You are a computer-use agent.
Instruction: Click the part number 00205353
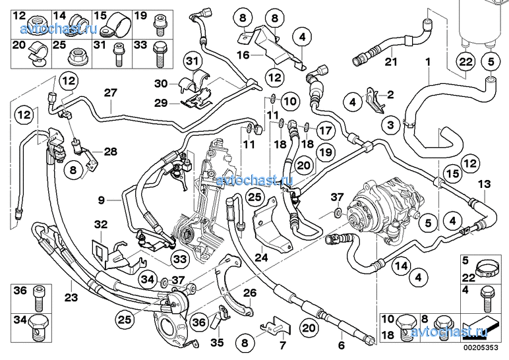click(x=480, y=347)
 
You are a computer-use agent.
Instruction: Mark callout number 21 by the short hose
click(x=391, y=63)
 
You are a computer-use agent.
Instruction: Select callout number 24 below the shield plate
click(x=261, y=258)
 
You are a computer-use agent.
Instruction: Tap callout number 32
click(x=100, y=224)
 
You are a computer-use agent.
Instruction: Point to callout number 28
click(x=109, y=152)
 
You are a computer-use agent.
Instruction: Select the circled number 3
click(x=391, y=124)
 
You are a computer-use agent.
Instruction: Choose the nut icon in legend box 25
click(x=74, y=57)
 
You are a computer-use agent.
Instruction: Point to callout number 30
click(x=162, y=84)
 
